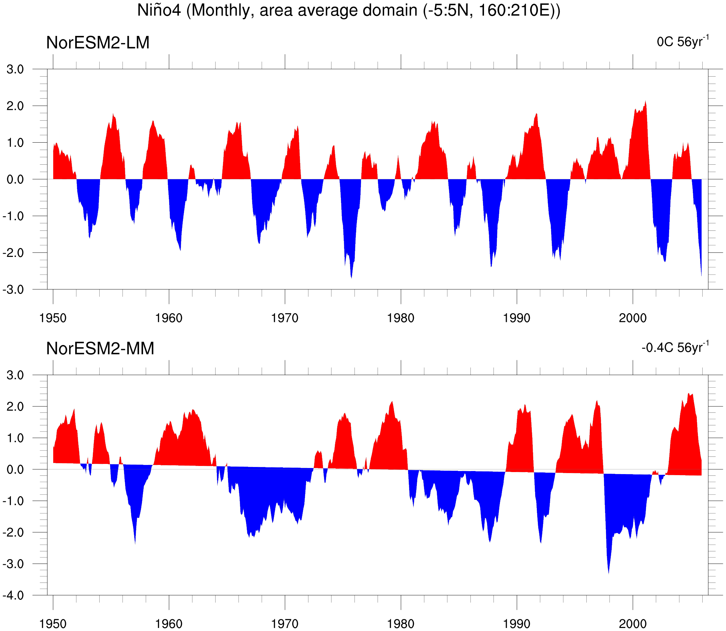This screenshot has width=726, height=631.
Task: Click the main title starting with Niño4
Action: pos(348,11)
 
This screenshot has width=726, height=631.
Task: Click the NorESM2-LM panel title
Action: pos(98,43)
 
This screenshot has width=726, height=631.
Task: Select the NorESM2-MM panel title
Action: pos(100,349)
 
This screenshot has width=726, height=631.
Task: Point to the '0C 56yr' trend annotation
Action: pos(683,41)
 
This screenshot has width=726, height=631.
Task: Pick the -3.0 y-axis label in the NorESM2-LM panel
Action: pos(13,290)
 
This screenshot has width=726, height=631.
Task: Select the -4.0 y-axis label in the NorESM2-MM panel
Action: pos(13,595)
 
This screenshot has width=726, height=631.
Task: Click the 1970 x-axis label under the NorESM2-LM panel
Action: pos(284,318)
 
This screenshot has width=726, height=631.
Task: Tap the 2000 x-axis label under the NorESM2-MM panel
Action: pos(633,624)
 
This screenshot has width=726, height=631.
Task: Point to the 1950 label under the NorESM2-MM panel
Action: pos(53,624)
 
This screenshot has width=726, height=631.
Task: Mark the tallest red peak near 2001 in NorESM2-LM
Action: pos(645,101)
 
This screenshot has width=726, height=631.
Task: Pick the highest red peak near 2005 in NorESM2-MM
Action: pos(689,393)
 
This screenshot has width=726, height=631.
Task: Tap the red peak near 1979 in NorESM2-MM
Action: pos(392,402)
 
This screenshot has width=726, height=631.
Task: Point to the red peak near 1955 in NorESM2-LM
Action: pos(113,114)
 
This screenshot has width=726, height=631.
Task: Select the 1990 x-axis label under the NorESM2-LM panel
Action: pos(517,318)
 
